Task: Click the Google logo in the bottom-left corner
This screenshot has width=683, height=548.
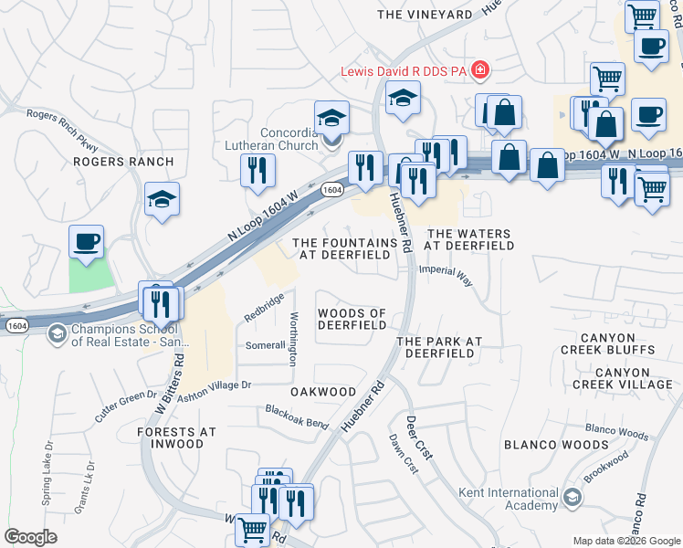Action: coord(30,537)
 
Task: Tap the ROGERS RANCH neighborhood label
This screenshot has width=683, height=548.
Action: coord(123,162)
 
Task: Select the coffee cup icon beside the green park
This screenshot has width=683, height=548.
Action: coord(87,242)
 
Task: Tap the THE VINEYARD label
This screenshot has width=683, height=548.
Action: coord(425,15)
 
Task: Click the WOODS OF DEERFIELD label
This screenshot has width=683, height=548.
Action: coord(352,319)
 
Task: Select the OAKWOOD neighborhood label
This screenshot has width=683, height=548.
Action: coord(322,391)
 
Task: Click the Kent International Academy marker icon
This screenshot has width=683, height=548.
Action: coord(573,498)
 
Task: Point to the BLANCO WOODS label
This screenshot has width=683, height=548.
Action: coord(555,445)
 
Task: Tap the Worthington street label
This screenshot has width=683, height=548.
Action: coord(293,339)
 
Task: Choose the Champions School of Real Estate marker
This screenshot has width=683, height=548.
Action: coord(58,334)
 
